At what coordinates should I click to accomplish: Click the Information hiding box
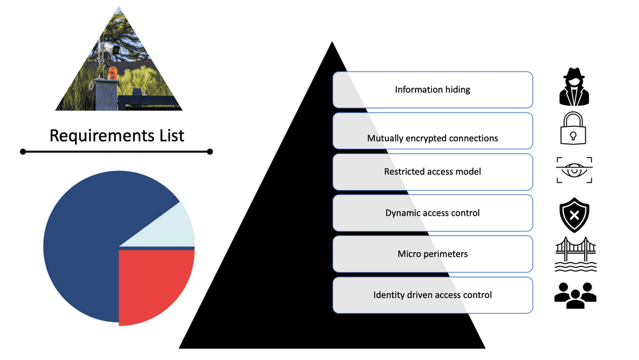click(432, 89)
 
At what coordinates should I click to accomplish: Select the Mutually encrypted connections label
click(432, 138)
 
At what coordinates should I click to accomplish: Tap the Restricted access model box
click(432, 171)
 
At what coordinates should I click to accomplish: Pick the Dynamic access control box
click(432, 212)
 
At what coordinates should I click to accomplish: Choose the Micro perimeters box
click(432, 254)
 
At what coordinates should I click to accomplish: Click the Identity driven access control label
click(432, 295)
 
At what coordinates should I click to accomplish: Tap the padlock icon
click(574, 129)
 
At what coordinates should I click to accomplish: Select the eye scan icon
click(574, 171)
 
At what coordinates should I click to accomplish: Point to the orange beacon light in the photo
click(113, 72)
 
